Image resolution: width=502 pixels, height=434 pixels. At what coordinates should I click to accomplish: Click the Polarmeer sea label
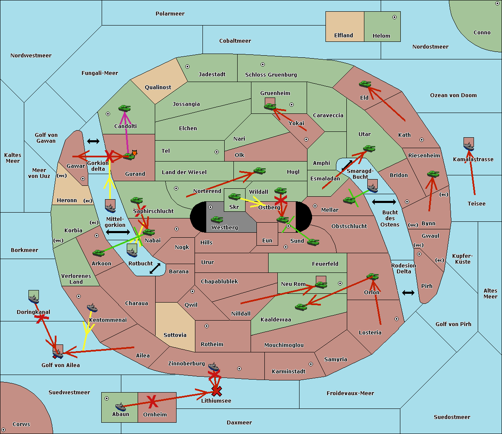[170, 14]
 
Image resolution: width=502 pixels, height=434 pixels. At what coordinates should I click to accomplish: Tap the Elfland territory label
[343, 36]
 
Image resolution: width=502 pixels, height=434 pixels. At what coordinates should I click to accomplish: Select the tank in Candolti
[124, 108]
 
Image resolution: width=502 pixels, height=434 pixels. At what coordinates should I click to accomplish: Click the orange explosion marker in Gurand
[134, 153]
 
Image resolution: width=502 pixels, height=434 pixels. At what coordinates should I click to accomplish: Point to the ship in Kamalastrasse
[469, 146]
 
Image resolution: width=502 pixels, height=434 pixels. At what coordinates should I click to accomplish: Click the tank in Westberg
[217, 220]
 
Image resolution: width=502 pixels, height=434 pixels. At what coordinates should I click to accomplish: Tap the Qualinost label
[158, 87]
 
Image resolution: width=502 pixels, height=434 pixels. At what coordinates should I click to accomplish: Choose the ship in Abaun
[120, 406]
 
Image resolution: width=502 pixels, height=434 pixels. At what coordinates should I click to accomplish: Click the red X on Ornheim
[152, 401]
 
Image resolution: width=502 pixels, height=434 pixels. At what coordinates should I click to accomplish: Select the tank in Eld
[365, 84]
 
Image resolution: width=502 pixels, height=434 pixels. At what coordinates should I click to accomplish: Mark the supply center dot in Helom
[394, 17]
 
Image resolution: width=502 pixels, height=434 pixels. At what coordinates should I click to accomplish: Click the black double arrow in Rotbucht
[155, 269]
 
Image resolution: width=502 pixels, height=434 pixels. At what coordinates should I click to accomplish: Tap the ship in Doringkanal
[33, 299]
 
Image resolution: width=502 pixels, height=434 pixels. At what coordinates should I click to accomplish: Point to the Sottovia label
[175, 335]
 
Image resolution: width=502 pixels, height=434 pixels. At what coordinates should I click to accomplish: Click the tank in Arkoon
[99, 253]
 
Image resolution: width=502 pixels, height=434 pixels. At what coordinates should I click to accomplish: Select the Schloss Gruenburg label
[271, 75]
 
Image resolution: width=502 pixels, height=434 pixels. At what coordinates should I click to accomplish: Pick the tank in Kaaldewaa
[301, 307]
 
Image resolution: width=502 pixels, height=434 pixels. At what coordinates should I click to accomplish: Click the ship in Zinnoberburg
[213, 367]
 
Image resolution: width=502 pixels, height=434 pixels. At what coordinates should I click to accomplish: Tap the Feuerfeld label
[325, 264]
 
